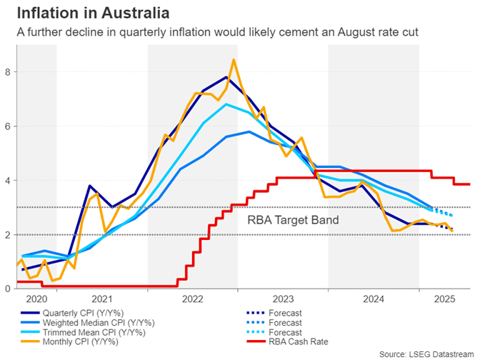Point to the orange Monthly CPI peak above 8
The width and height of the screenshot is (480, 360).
coord(234,60)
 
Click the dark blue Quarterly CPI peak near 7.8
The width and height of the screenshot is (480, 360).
coord(226,77)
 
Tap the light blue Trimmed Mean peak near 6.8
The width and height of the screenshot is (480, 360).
coord(226,104)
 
